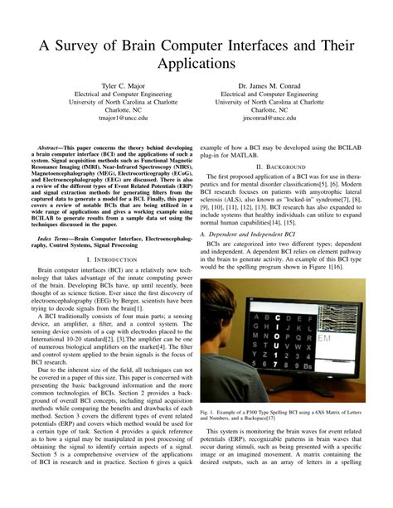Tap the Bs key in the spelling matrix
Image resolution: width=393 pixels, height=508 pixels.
pyautogui.click(x=308, y=365)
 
